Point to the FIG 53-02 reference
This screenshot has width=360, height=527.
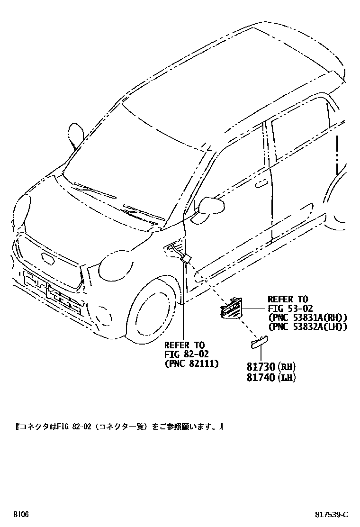[x=288, y=308]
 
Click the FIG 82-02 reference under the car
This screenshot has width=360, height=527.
[x=186, y=354]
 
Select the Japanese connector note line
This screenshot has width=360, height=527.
[x=119, y=427]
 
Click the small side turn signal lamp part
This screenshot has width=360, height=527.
[x=258, y=342]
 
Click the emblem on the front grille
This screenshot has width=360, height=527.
[x=48, y=259]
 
